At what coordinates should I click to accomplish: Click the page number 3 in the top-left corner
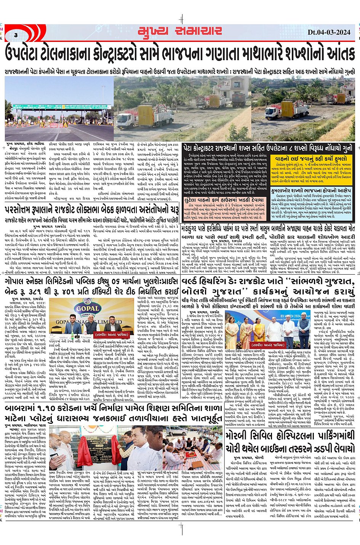click(16, 35)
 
